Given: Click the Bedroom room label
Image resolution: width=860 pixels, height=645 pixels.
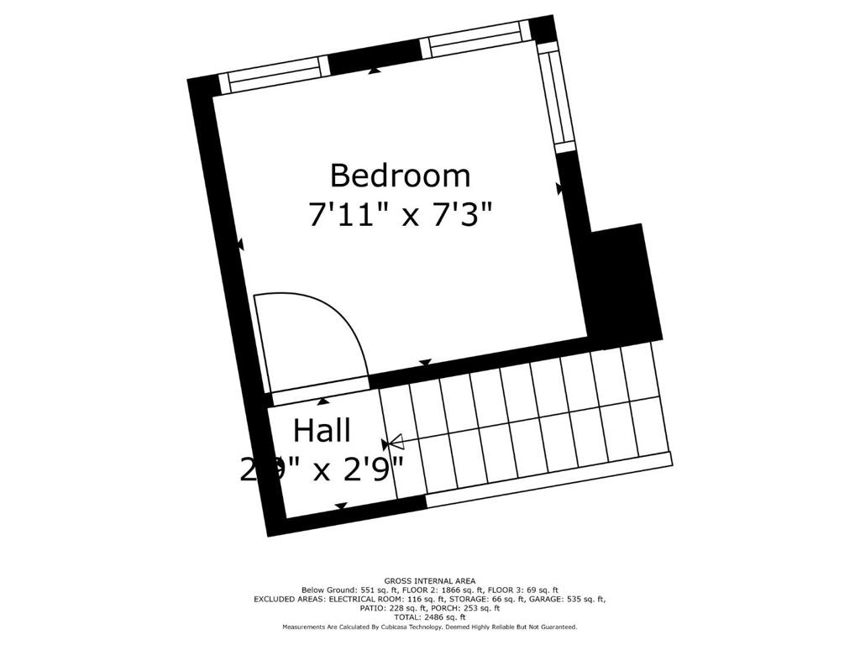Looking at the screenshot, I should [x=400, y=176].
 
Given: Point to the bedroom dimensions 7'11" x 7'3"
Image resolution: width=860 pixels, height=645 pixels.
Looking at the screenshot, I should [x=400, y=215].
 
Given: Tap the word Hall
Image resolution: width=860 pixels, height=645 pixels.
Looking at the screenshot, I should [x=322, y=431].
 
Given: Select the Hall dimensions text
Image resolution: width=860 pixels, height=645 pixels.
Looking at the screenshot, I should [x=322, y=469].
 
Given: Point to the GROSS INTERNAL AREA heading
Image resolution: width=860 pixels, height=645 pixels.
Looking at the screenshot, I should [x=430, y=581].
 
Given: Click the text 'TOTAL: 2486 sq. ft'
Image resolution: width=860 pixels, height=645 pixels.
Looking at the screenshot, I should [x=430, y=617].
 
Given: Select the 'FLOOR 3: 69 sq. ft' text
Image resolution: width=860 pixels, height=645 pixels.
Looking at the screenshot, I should [x=527, y=590].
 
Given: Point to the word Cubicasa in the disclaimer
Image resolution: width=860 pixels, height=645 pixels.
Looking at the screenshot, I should [x=386, y=627].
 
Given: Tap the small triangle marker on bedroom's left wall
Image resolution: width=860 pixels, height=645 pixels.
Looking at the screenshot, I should [x=240, y=244].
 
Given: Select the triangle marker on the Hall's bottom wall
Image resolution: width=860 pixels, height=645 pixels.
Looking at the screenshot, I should [x=341, y=506].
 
